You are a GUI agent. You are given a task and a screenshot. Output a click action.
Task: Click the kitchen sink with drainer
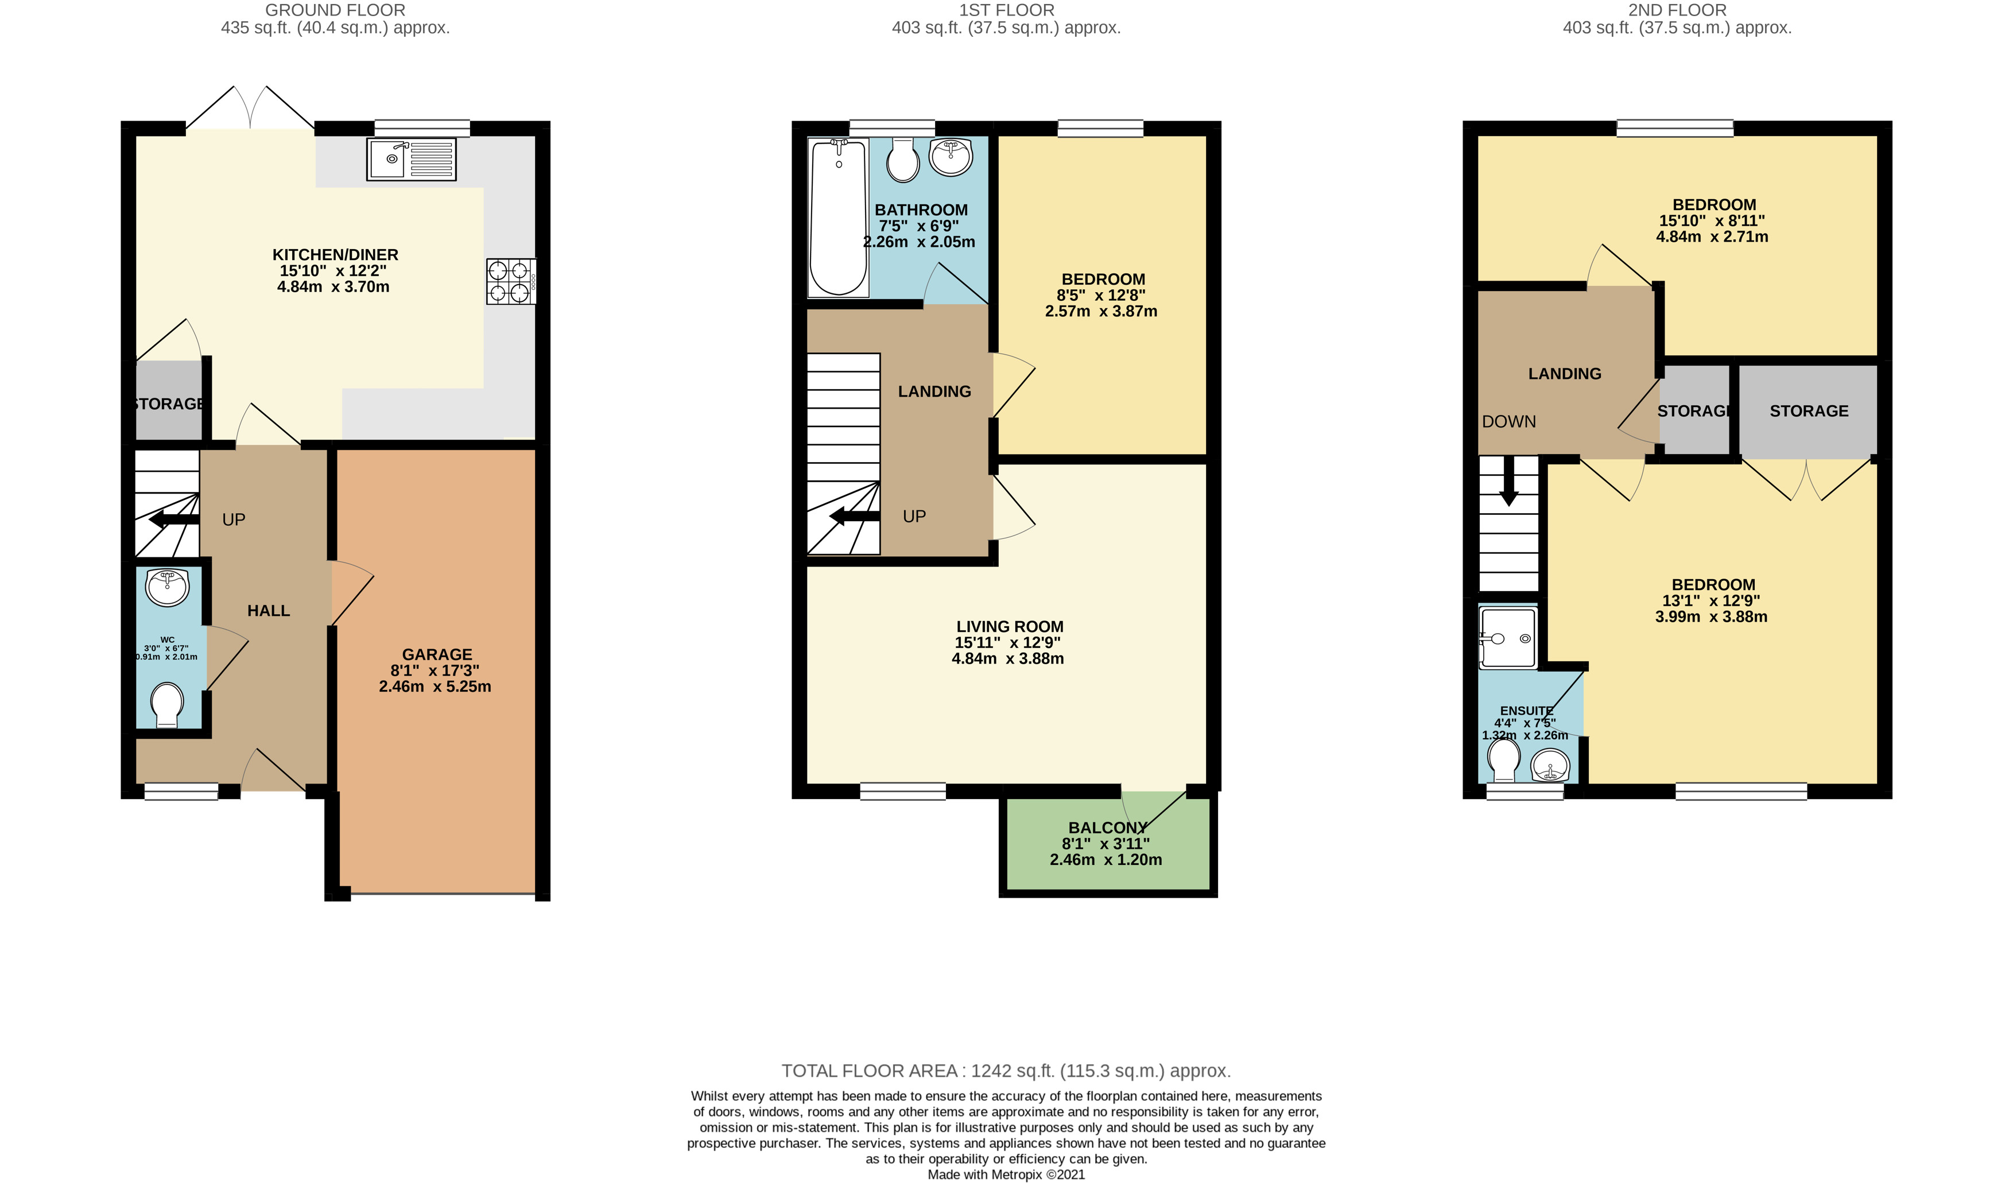click(x=412, y=159)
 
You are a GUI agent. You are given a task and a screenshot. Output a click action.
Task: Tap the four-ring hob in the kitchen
click(x=511, y=281)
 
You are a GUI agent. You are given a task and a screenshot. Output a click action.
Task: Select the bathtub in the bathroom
click(x=838, y=218)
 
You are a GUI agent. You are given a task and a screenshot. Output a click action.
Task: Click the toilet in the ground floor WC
click(x=167, y=704)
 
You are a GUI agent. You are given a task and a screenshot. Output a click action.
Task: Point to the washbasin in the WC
click(x=167, y=588)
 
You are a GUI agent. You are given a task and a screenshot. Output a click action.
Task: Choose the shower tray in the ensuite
click(x=1507, y=638)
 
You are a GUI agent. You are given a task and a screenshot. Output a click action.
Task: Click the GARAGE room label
click(x=437, y=654)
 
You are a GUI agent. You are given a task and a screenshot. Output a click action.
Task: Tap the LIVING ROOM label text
click(x=1010, y=626)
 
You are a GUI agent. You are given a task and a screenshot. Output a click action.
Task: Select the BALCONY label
click(x=1107, y=828)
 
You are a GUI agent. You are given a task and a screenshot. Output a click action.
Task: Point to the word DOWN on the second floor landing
click(x=1509, y=422)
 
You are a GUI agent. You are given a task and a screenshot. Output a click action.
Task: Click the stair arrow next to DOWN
click(x=1509, y=481)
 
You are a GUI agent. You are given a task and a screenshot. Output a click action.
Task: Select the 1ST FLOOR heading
click(x=1007, y=10)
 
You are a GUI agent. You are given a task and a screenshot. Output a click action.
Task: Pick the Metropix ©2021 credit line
click(x=1007, y=1174)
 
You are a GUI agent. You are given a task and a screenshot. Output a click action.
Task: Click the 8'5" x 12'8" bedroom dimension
click(x=1101, y=296)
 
